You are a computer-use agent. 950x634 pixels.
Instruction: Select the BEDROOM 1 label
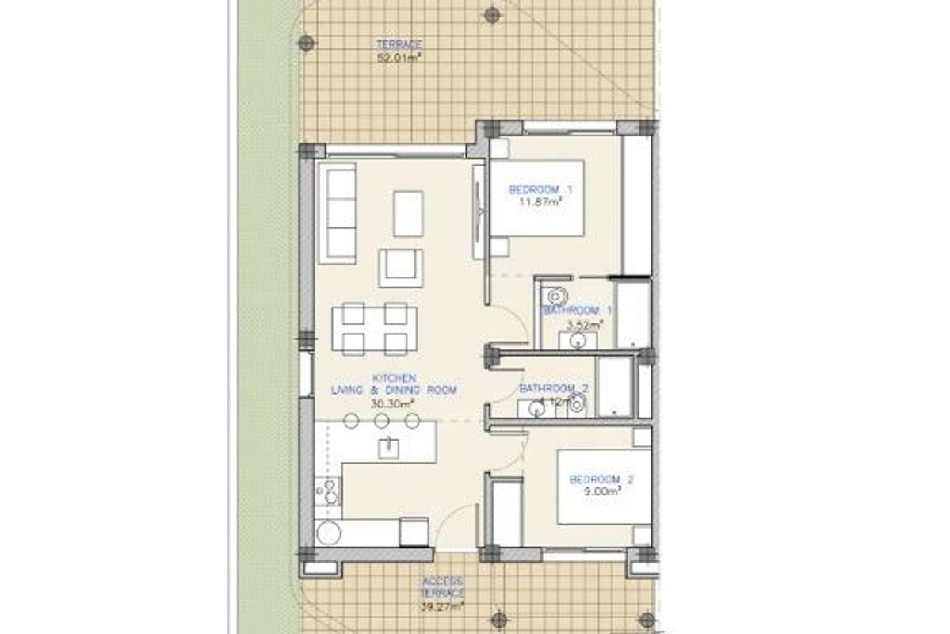pos(540,190)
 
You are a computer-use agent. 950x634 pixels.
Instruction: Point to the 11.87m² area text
pos(540,202)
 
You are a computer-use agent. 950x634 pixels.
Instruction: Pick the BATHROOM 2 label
pos(555,389)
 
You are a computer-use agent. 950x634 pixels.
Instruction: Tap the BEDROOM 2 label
pos(601,479)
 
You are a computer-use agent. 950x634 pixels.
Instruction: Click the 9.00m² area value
pos(602,491)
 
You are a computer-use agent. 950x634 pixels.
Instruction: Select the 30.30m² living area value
pos(394,403)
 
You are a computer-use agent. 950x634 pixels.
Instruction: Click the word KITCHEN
pos(394,379)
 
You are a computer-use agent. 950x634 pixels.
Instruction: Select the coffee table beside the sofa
pos(408,213)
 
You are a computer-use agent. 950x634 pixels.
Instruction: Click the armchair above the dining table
pos(400,267)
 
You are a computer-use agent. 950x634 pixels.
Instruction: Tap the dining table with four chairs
pos(374,328)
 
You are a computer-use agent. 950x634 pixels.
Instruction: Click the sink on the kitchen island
pos(388,448)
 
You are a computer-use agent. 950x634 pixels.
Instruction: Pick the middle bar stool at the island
pos(381,421)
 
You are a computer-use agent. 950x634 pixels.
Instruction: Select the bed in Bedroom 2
pos(604,487)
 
